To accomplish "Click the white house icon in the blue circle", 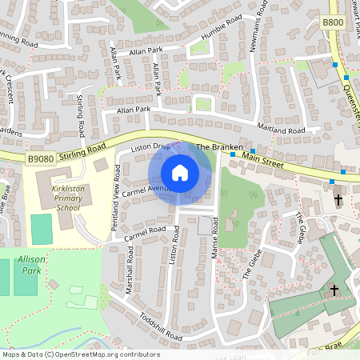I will pyautogui.click(x=180, y=173).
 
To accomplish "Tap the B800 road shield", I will pyautogui.click(x=334, y=23).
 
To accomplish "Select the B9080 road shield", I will pyautogui.click(x=42, y=160).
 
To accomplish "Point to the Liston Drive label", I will pyautogui.click(x=151, y=147).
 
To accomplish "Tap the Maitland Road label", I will pyautogui.click(x=281, y=130).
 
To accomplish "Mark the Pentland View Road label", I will pyautogui.click(x=116, y=197).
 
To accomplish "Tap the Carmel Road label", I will pyautogui.click(x=144, y=233).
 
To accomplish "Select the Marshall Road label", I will pyautogui.click(x=130, y=270).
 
